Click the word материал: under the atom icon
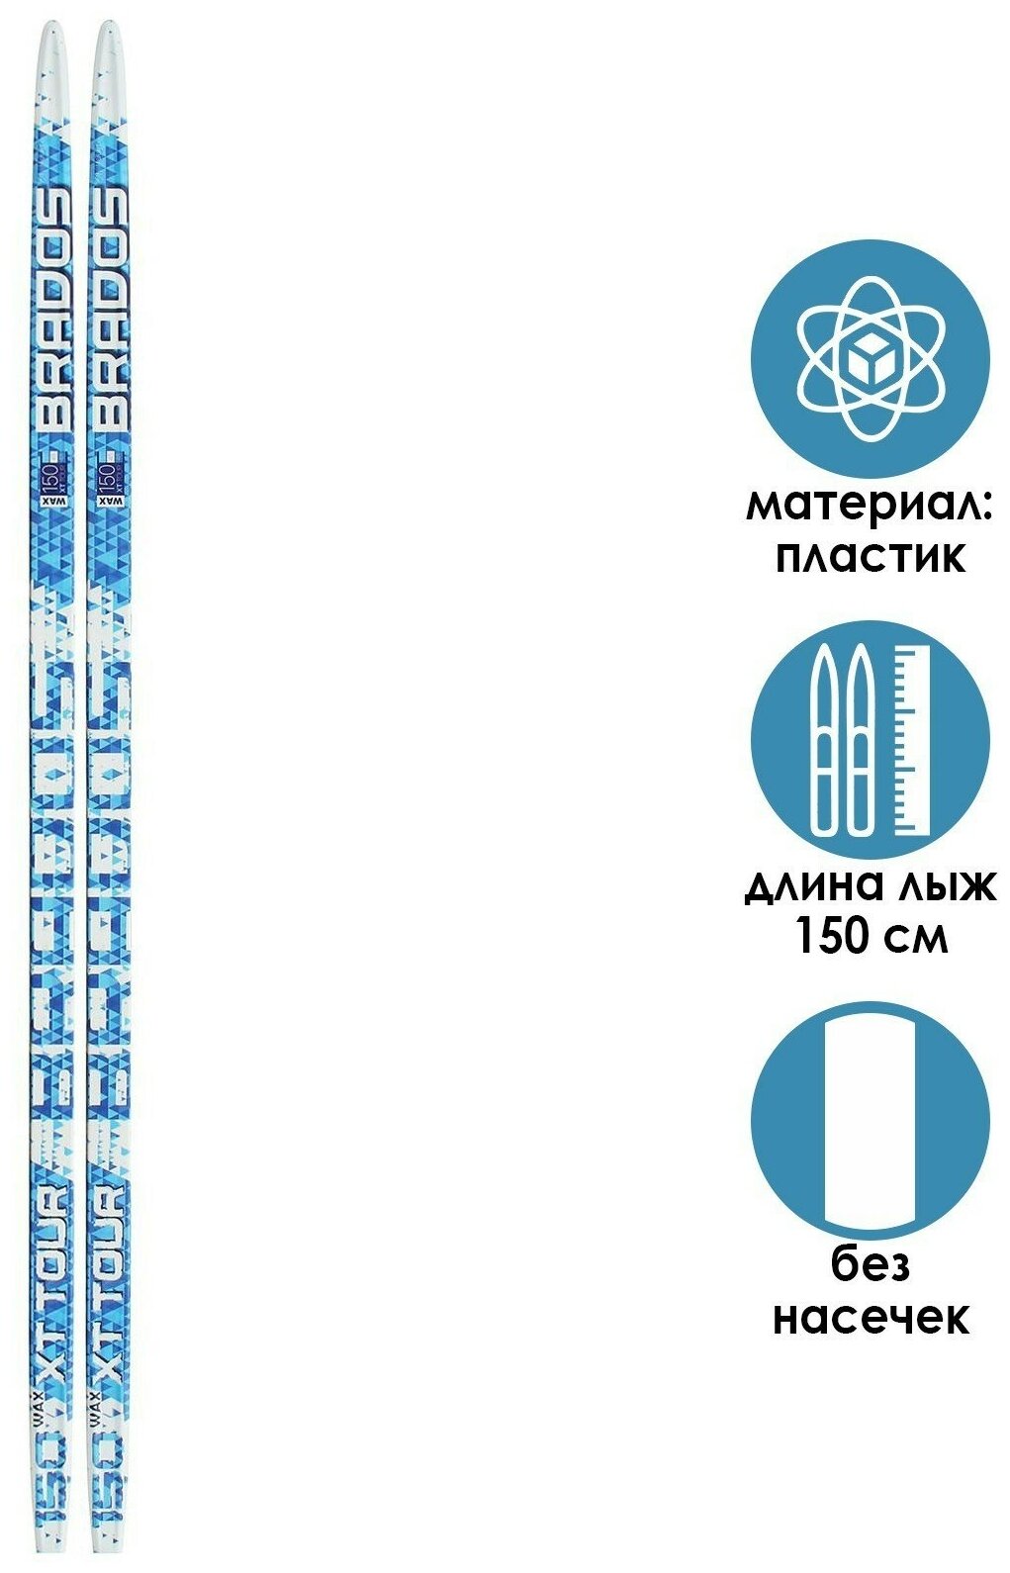pos(869,508)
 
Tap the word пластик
pos(869,558)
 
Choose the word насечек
pos(870,1318)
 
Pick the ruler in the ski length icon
pos(912,739)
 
